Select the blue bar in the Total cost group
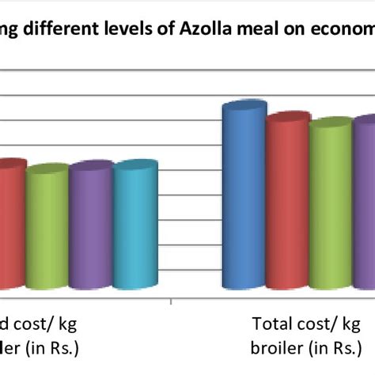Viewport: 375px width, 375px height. pos(243,198)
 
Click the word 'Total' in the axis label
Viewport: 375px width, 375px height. pos(271,324)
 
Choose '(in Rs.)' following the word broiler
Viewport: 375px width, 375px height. pos(328,348)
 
